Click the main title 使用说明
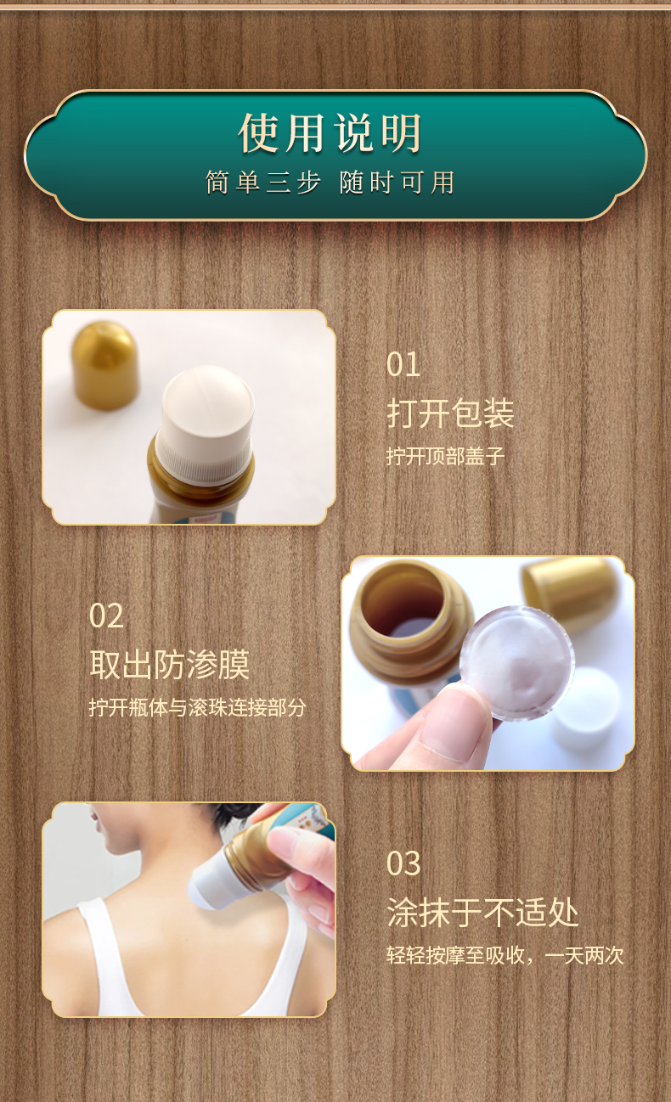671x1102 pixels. coord(330,134)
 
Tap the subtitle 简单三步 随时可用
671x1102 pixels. coord(330,183)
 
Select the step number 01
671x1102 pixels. coord(403,365)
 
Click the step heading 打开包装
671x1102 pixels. coord(450,413)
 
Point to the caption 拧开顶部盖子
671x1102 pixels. coord(445,457)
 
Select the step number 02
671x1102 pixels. coord(106,616)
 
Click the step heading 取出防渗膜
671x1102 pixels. coord(169,665)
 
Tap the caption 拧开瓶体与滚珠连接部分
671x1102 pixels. coord(197,707)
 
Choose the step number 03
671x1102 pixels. coord(403,863)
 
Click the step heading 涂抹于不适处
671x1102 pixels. coord(482,913)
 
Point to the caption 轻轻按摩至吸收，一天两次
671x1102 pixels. coord(505,956)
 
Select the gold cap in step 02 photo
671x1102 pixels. coord(569,590)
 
